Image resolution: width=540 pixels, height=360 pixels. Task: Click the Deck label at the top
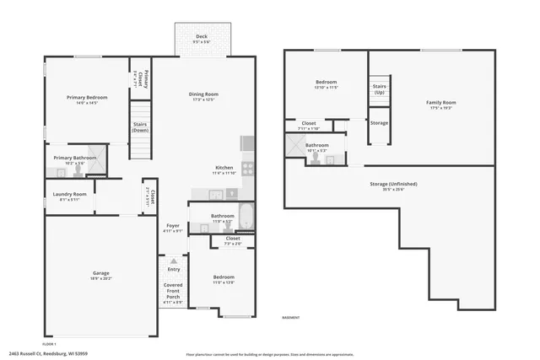(202, 36)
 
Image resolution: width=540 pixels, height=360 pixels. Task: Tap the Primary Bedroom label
(87, 98)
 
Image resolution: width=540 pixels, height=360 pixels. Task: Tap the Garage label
(101, 273)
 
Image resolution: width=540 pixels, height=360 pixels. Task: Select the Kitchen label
(224, 168)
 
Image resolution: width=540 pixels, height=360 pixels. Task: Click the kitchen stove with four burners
(248, 168)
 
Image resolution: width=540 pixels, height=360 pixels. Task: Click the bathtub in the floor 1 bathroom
(245, 217)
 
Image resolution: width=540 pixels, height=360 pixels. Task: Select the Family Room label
(441, 103)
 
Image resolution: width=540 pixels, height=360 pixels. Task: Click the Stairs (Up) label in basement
(380, 89)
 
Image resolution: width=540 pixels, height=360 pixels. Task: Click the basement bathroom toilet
(316, 159)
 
